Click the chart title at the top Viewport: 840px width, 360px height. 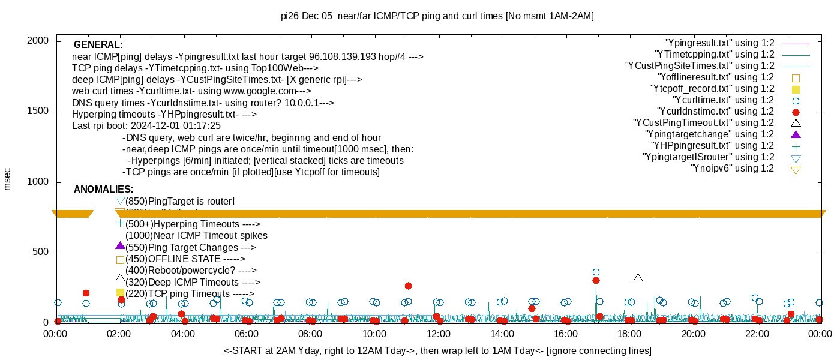click(437, 16)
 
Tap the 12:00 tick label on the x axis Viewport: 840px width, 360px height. click(438, 334)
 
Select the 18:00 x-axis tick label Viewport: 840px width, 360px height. click(629, 334)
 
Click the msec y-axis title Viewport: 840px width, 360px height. click(8, 179)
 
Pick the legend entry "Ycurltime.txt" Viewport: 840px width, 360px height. click(723, 100)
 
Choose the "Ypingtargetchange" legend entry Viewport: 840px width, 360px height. click(709, 134)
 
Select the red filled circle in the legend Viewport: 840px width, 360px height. click(796, 112)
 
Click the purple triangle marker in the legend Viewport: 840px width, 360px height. click(796, 134)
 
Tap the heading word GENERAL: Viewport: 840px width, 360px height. click(98, 45)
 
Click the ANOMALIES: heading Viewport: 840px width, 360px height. click(103, 190)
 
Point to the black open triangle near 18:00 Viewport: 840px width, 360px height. click(638, 278)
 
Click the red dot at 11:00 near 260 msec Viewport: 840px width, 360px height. click(408, 286)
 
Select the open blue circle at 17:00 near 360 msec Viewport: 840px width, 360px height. click(596, 272)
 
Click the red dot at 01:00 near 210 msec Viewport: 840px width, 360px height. click(86, 293)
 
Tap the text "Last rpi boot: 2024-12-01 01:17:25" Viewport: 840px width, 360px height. click(146, 126)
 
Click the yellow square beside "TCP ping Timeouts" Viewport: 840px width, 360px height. click(120, 293)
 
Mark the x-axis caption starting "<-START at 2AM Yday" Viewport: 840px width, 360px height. click(437, 350)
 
